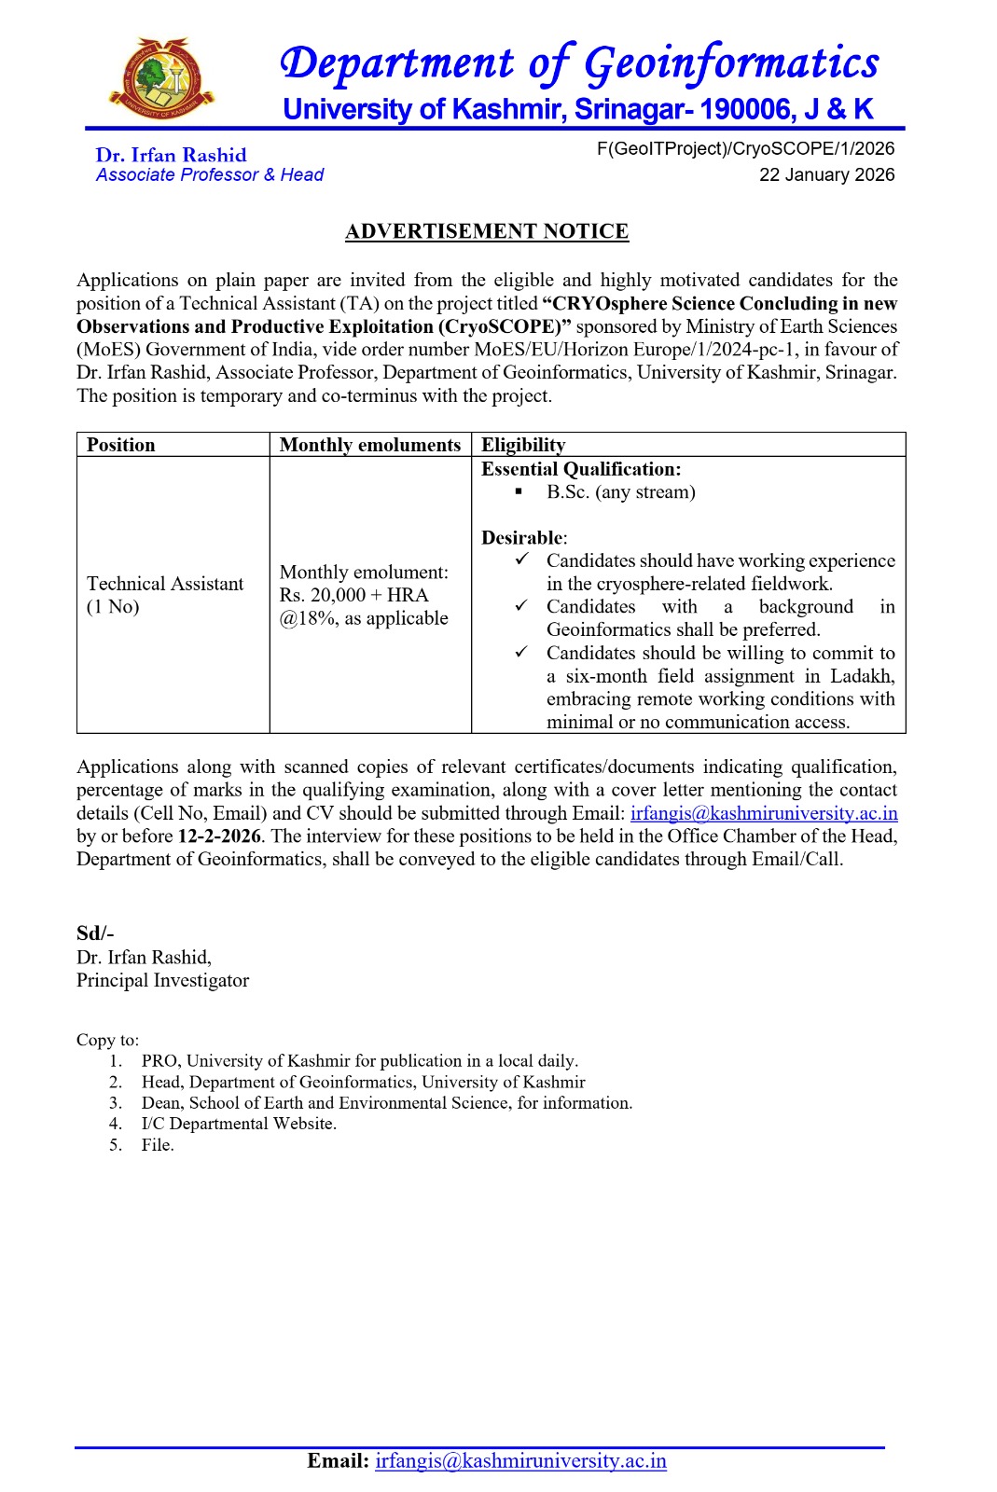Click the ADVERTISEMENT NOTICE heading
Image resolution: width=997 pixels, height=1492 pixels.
487,231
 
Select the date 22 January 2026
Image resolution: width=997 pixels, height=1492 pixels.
826,175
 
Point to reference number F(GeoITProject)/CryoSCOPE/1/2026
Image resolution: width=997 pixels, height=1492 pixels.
745,149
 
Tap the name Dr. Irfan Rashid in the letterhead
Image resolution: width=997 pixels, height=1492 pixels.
171,156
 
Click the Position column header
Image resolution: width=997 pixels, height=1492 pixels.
121,445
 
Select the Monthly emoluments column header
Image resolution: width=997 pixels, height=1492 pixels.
370,445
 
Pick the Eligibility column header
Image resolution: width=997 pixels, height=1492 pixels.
523,445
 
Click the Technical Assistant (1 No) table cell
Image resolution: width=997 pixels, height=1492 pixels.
164,595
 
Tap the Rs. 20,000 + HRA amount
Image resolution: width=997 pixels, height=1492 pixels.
353,595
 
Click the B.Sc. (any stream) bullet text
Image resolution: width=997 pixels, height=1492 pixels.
621,492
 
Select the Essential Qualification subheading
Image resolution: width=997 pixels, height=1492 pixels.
581,469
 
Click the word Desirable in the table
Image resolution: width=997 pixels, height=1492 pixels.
522,538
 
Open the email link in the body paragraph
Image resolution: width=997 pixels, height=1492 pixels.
764,813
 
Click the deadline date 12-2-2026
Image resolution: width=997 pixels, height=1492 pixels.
219,836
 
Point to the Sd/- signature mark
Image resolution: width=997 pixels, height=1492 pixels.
95,933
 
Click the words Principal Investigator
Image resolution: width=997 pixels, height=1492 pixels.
163,980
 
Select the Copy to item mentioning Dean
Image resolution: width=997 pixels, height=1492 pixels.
386,1103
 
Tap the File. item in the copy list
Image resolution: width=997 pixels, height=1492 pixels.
158,1145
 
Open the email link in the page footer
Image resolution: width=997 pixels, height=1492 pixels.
520,1461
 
